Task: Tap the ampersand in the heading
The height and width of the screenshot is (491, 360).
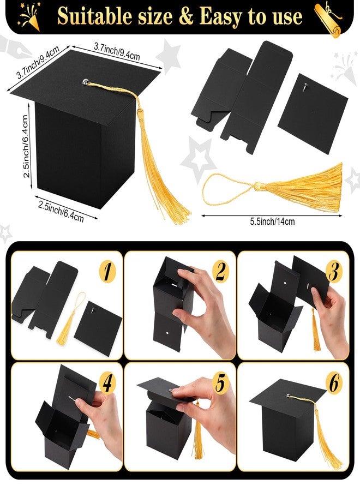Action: [x=187, y=16]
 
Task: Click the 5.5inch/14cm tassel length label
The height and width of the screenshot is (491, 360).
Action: [x=272, y=221]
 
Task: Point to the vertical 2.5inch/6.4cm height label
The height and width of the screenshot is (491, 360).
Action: [x=26, y=146]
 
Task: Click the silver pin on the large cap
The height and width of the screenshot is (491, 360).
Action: [x=86, y=82]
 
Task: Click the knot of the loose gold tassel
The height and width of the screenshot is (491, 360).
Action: [x=257, y=187]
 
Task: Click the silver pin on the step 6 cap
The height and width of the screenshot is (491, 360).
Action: [x=289, y=396]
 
